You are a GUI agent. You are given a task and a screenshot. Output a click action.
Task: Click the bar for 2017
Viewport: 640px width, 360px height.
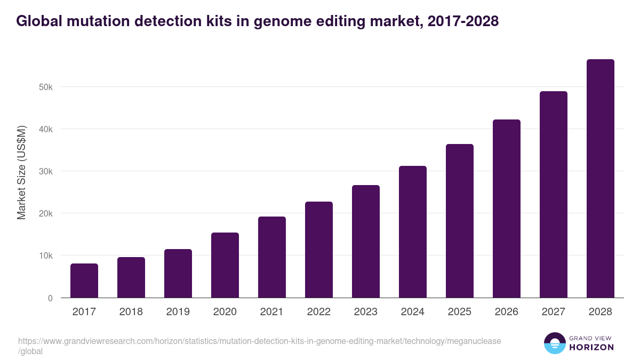[84, 281]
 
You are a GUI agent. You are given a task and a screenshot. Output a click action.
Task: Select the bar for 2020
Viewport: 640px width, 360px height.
[225, 265]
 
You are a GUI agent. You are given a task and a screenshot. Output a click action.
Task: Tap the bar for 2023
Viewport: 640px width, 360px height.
[366, 241]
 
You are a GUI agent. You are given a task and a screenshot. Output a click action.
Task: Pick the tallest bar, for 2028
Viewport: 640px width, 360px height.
[601, 178]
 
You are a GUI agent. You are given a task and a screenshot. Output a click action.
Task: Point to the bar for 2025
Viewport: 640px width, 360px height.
[460, 221]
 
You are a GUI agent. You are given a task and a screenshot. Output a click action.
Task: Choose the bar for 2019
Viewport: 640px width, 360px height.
[178, 273]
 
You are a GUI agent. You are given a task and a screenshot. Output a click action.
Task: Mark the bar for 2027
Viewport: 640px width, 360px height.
[554, 194]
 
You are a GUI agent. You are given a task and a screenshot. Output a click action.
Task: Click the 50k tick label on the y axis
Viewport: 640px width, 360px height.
[46, 87]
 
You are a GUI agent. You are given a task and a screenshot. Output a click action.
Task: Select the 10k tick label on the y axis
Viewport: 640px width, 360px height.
[46, 256]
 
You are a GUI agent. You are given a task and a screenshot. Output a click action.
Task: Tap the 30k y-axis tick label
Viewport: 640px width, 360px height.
[46, 171]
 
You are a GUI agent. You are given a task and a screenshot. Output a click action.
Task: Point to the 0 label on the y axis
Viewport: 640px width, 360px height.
[50, 298]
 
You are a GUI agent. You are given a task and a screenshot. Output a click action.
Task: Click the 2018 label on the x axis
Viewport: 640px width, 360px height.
[131, 312]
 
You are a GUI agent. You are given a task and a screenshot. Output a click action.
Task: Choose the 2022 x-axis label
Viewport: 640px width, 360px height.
[319, 312]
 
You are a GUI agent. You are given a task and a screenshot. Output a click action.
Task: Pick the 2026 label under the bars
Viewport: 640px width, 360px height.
[507, 312]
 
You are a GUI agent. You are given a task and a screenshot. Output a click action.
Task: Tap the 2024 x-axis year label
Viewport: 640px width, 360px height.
[413, 312]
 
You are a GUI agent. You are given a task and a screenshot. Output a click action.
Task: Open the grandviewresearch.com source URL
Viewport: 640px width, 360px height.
[259, 341]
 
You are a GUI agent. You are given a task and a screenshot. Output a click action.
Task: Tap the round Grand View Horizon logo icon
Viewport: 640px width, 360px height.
[555, 343]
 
